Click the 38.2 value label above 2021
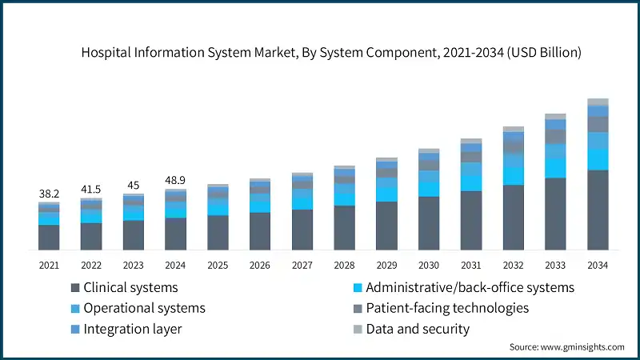(x=49, y=194)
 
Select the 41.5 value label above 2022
(x=91, y=190)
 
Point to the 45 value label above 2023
(x=133, y=186)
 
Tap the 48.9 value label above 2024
(x=175, y=181)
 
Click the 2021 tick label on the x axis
(x=49, y=264)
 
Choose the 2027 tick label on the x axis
(x=302, y=264)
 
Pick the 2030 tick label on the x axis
(x=429, y=264)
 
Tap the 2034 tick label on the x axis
(x=598, y=264)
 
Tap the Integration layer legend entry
(x=132, y=329)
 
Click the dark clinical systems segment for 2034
(x=598, y=210)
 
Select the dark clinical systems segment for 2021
(x=49, y=238)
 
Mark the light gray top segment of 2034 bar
(x=598, y=102)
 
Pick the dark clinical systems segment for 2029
(x=386, y=226)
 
